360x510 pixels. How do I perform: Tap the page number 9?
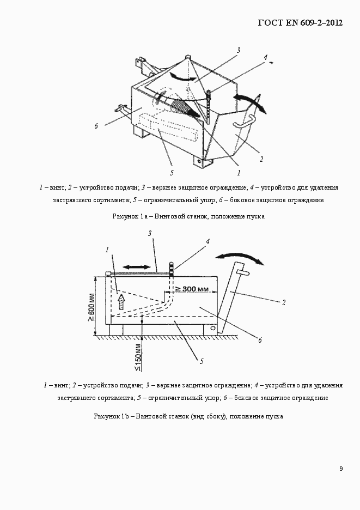[x=340, y=469]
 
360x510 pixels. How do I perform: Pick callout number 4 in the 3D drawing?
[x=265, y=57]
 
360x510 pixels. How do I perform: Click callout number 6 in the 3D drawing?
[x=96, y=126]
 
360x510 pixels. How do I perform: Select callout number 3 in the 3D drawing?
[x=238, y=51]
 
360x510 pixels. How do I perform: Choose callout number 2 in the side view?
[x=284, y=302]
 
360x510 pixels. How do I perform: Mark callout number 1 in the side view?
[x=107, y=250]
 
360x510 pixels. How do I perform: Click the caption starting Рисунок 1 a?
[x=188, y=216]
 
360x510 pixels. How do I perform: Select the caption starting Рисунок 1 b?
[x=188, y=416]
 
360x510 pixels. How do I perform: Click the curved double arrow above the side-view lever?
[x=240, y=257]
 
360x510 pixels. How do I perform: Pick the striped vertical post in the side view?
[x=170, y=269]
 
